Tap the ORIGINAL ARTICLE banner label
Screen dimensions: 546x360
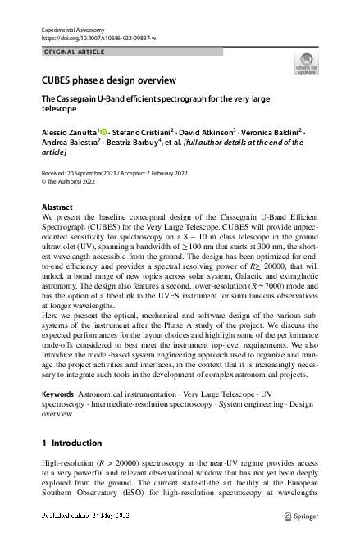coord(73,52)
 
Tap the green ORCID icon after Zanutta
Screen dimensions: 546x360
coord(105,130)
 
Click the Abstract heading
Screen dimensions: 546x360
coord(57,207)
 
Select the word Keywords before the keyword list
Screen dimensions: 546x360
coord(58,395)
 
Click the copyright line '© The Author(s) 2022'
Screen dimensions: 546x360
coord(73,181)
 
